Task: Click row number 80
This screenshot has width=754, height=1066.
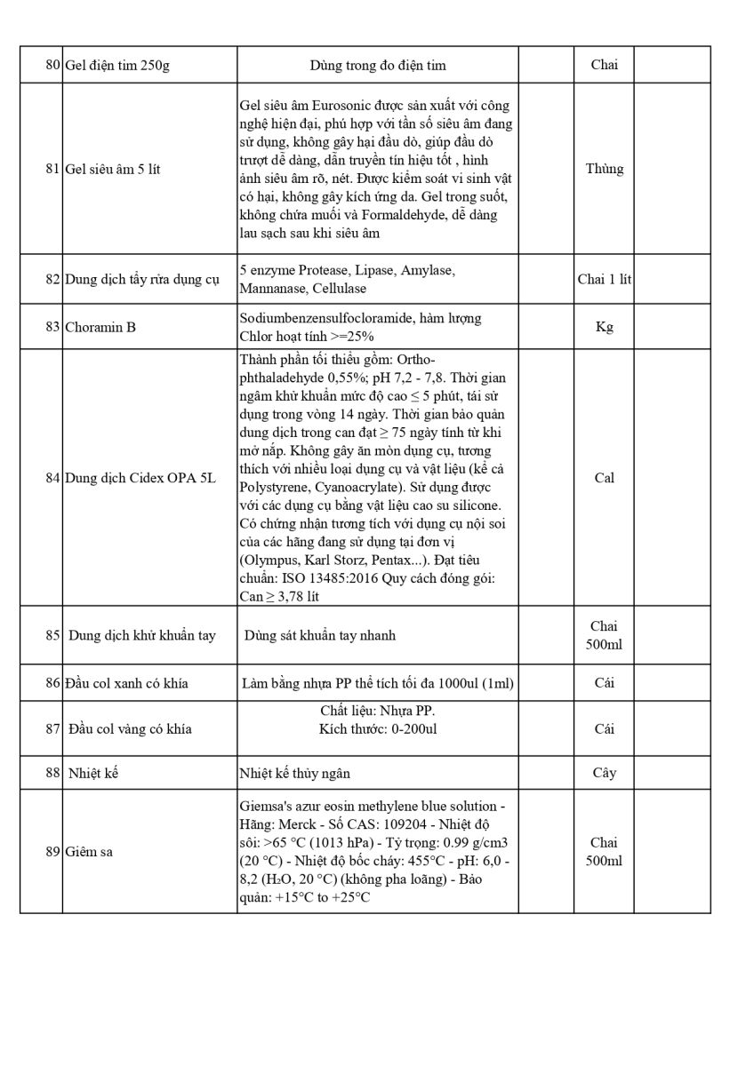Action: point(52,65)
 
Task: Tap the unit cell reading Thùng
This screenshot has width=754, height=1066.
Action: point(604,169)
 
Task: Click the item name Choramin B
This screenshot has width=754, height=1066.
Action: point(100,327)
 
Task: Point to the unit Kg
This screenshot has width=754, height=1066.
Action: point(604,327)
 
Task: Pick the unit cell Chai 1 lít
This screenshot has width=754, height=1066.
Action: point(604,279)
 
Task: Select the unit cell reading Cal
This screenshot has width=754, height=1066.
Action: point(604,478)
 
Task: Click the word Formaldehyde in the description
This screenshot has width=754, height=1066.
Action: point(395,215)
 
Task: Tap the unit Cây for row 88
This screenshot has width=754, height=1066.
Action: point(604,773)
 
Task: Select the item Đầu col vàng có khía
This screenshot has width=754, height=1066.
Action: point(130,729)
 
